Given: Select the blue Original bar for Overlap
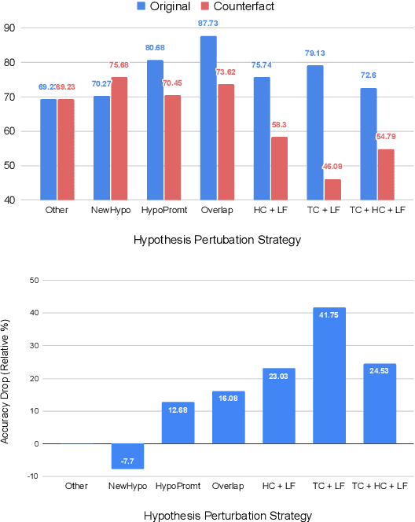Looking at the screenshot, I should click(207, 118).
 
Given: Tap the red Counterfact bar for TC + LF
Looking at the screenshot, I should click(333, 189).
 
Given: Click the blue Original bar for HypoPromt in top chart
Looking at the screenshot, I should click(155, 130).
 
